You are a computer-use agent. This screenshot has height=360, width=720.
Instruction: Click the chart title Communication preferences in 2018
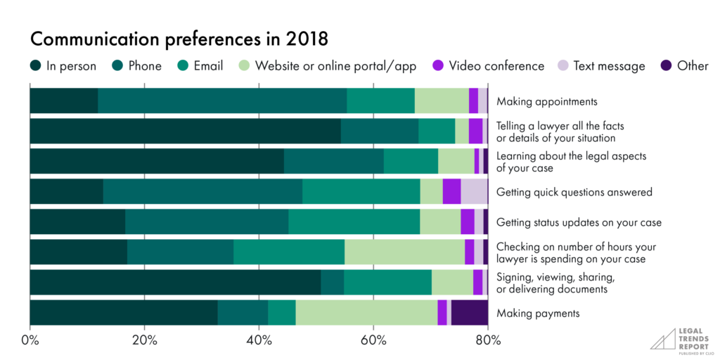click(x=179, y=38)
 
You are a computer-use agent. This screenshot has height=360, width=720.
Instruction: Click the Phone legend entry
click(x=136, y=66)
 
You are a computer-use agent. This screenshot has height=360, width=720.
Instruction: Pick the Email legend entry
click(x=200, y=66)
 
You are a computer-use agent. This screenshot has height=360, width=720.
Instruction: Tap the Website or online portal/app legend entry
click(x=327, y=66)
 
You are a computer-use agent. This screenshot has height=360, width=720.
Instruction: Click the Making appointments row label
click(x=546, y=101)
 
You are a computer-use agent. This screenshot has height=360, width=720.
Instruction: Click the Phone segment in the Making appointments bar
click(x=222, y=101)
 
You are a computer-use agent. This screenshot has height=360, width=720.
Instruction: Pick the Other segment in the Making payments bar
click(x=469, y=312)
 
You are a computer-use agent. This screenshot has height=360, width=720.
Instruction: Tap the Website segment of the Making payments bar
click(x=366, y=312)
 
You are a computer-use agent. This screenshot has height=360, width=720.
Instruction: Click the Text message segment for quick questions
click(x=474, y=191)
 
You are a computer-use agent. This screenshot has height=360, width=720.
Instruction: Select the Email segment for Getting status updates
click(x=354, y=221)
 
